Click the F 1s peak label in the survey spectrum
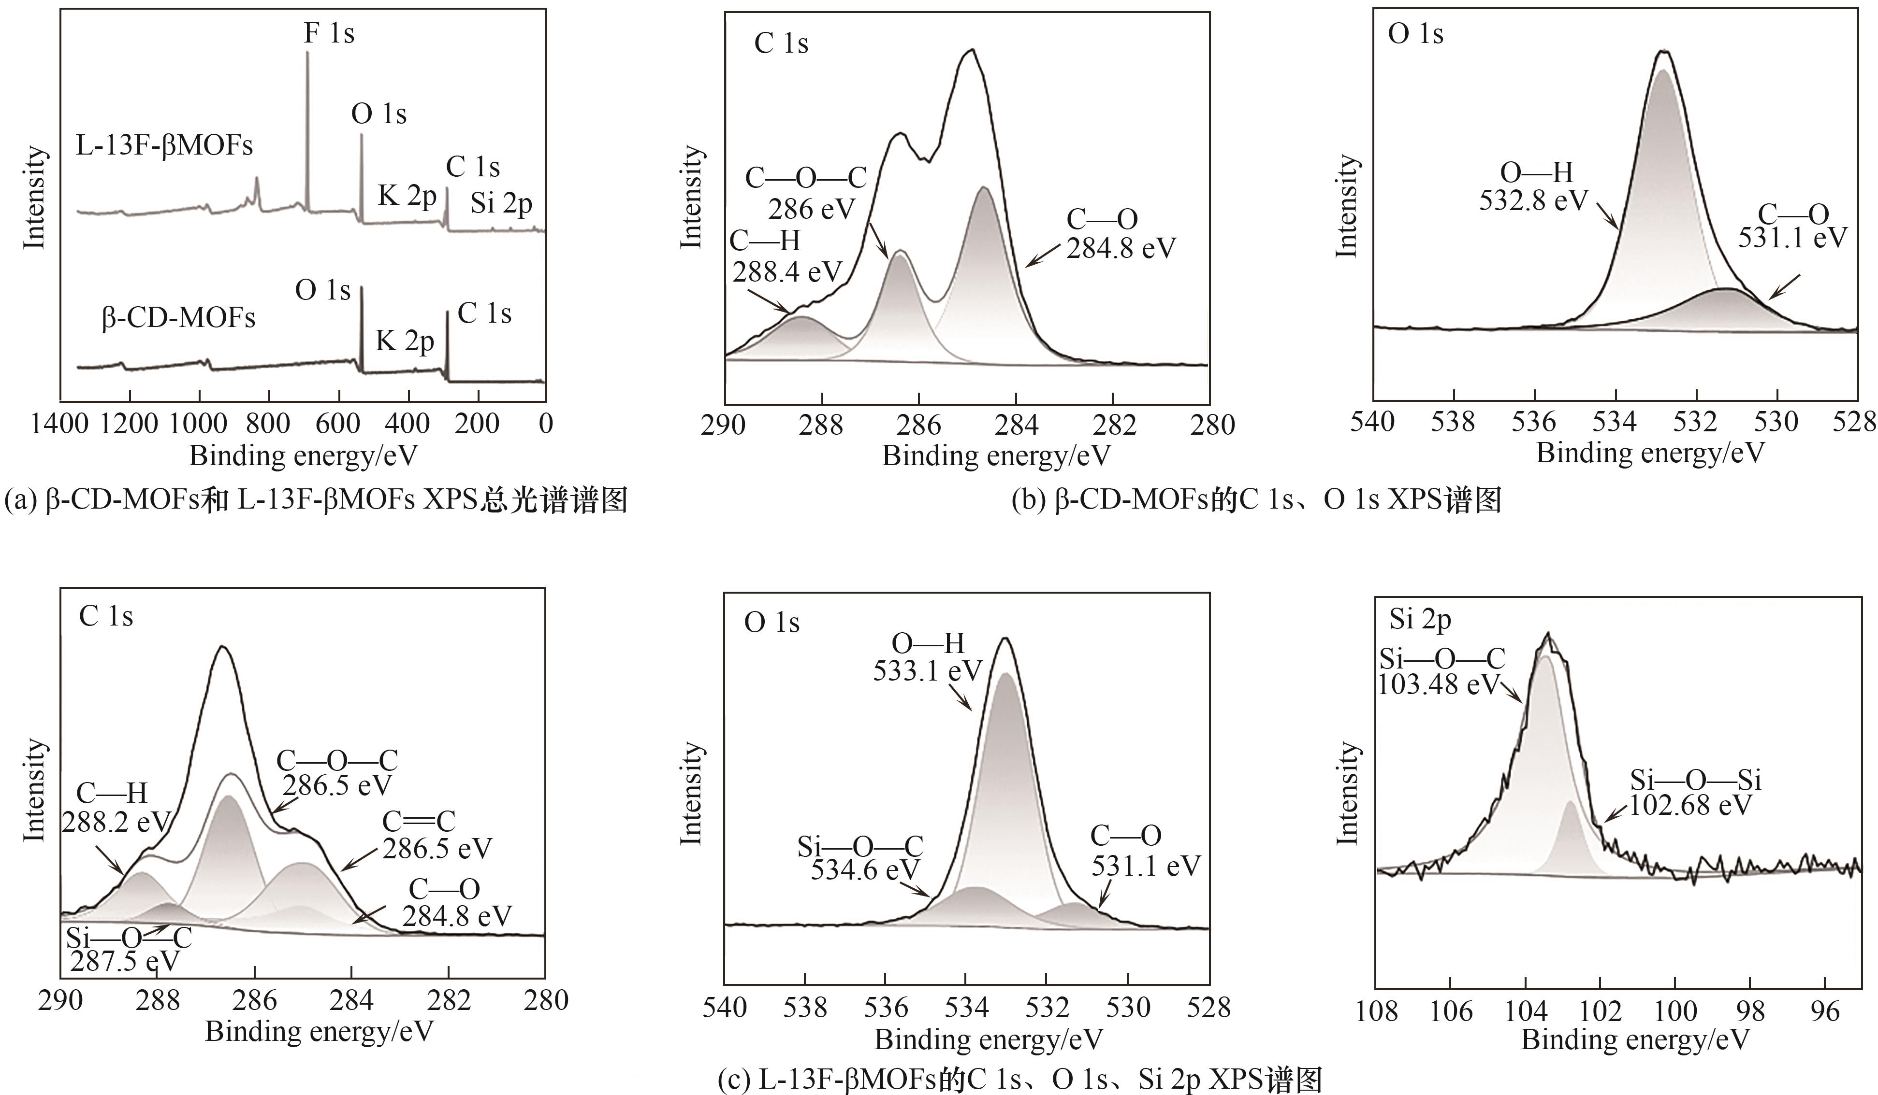(x=329, y=33)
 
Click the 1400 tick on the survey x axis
(x=60, y=424)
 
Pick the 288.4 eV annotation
(x=787, y=272)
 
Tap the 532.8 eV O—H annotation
(x=1534, y=200)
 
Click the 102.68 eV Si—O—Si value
(x=1692, y=805)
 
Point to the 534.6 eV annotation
(x=865, y=869)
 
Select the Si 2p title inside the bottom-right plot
(x=1420, y=619)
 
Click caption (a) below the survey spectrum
(x=316, y=500)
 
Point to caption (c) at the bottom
(x=1019, y=1080)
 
